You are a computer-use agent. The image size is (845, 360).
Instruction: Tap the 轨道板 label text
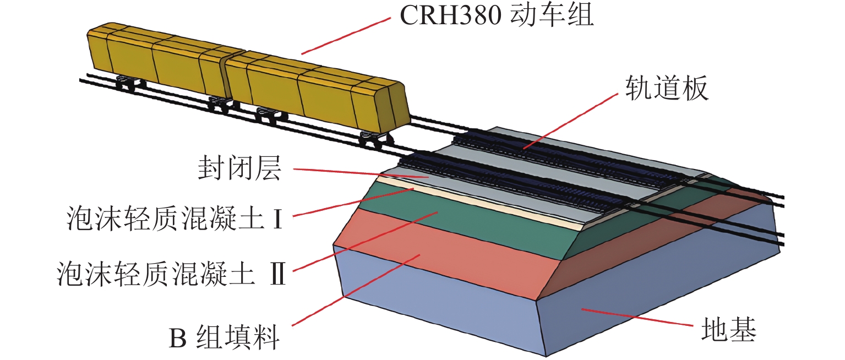(666, 88)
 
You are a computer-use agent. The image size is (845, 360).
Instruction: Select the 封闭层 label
(239, 170)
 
